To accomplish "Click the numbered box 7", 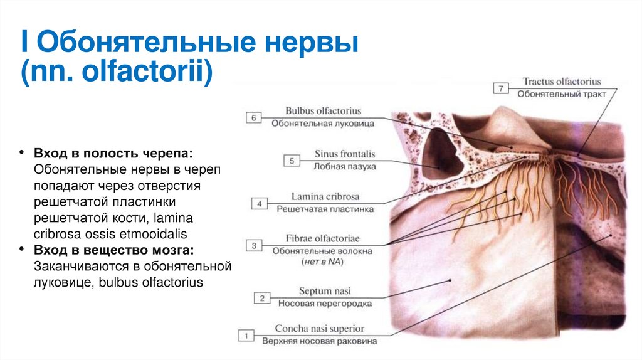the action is (x=501, y=88).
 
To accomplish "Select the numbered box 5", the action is (x=292, y=161).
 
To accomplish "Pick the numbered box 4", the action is (x=260, y=203).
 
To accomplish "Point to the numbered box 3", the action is (x=254, y=246).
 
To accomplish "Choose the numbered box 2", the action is (x=261, y=298).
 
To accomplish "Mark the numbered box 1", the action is (x=246, y=337).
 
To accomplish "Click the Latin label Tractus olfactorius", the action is (x=562, y=82).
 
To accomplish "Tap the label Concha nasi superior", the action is (x=320, y=329).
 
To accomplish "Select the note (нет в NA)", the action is (x=321, y=261).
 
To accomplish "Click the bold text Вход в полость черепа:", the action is (x=113, y=154).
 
